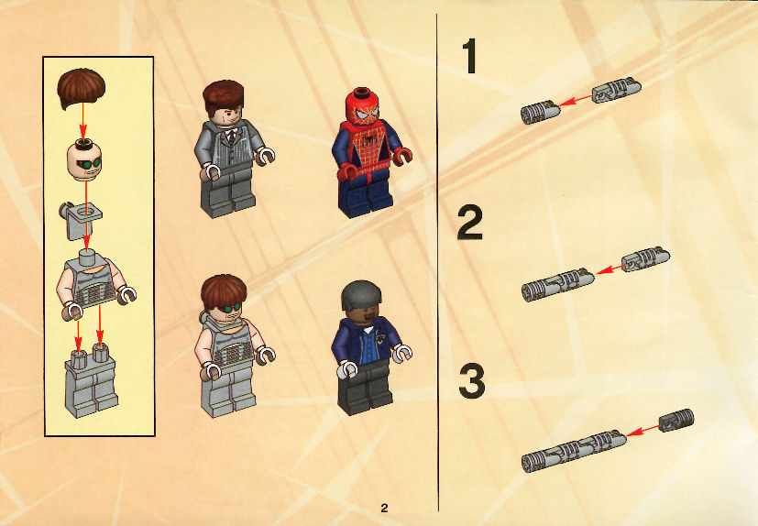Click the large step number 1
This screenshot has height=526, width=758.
click(x=470, y=56)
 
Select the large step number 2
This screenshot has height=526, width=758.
click(x=470, y=223)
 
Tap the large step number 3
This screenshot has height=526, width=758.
click(x=471, y=381)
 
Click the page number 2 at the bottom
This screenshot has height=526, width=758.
click(x=384, y=508)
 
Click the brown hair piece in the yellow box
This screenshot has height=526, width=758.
click(x=82, y=87)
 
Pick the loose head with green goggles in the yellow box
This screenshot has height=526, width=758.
click(x=84, y=159)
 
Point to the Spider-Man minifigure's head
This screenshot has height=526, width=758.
click(x=362, y=107)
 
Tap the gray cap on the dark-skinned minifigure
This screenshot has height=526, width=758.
click(x=360, y=293)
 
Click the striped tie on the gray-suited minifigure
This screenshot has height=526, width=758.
click(x=232, y=136)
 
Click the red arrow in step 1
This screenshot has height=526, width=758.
click(x=577, y=100)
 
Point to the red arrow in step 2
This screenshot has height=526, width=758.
click(x=610, y=269)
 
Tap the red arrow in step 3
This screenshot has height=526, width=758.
click(x=643, y=431)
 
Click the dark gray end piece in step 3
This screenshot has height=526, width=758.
click(x=676, y=420)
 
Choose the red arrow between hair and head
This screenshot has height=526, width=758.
click(x=82, y=121)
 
